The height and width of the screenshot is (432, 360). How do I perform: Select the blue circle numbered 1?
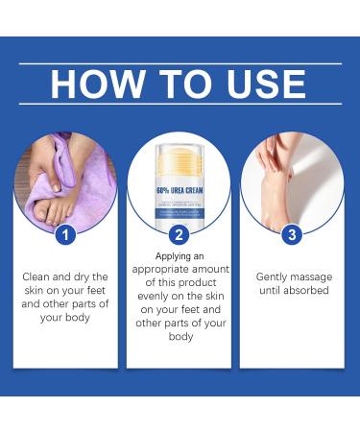pyautogui.click(x=63, y=232)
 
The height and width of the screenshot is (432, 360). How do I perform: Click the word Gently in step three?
pyautogui.click(x=273, y=276)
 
